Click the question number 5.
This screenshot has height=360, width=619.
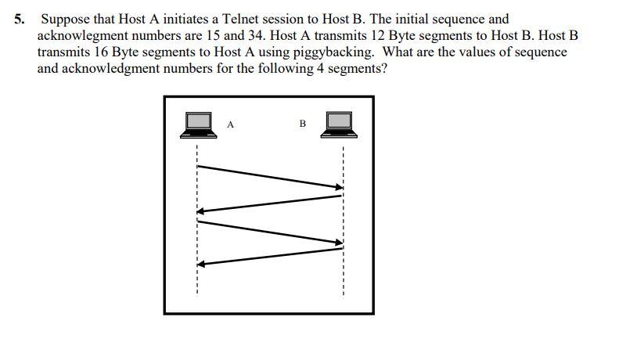19,20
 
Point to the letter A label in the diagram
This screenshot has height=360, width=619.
230,124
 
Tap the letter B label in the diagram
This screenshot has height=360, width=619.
302,124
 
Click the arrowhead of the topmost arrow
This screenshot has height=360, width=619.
340,187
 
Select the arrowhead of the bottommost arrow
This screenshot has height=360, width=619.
201,265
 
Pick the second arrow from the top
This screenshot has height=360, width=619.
270,203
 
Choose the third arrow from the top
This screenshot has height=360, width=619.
270,232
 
